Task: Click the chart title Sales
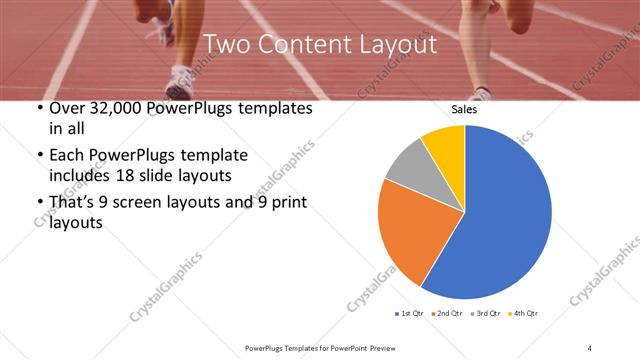coord(464,110)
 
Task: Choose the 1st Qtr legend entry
coord(409,313)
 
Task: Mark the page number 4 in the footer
coord(590,347)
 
